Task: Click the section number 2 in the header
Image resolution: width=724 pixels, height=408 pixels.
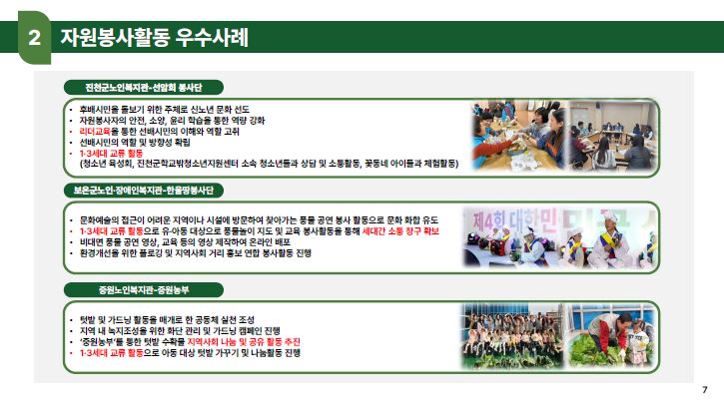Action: (x=35, y=37)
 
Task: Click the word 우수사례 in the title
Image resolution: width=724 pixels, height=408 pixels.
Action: (x=212, y=37)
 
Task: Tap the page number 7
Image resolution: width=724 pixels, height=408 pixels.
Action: (x=705, y=390)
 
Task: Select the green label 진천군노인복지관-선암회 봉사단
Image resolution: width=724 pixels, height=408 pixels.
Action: (x=144, y=87)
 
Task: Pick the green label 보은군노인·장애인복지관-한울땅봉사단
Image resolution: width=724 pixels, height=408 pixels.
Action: (x=144, y=191)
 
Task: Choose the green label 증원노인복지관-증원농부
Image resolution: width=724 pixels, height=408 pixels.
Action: (x=144, y=290)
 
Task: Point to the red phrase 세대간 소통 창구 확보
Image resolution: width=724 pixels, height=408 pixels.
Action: (x=400, y=231)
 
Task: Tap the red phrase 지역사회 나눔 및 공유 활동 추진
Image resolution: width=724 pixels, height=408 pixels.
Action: (x=244, y=341)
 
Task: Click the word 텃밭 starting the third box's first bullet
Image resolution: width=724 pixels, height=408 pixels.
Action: (x=87, y=319)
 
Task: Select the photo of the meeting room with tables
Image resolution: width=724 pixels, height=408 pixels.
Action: (x=613, y=136)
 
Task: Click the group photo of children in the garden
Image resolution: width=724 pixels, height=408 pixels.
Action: (x=513, y=335)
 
